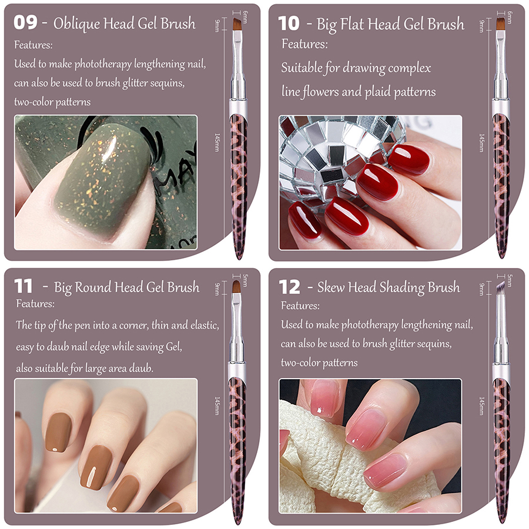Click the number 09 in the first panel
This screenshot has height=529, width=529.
pyautogui.click(x=25, y=22)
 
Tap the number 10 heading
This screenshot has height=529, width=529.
pyautogui.click(x=289, y=24)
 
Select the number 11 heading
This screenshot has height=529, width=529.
pyautogui.click(x=24, y=286)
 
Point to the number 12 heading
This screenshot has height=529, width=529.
pyautogui.click(x=289, y=287)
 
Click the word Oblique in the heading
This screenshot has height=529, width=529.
pyautogui.click(x=76, y=24)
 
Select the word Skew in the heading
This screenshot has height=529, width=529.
pyautogui.click(x=330, y=287)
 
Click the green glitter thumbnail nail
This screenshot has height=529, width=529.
pyautogui.click(x=101, y=182)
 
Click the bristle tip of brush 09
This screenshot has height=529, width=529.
pyautogui.click(x=237, y=25)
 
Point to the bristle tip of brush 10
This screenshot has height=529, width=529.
pyautogui.click(x=501, y=24)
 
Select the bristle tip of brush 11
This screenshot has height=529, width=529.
pyautogui.click(x=237, y=287)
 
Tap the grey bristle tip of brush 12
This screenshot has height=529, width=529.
pyautogui.click(x=501, y=287)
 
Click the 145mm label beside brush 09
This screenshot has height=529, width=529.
pyautogui.click(x=217, y=142)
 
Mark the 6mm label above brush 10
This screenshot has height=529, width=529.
pyautogui.click(x=510, y=17)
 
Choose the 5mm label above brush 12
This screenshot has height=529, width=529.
pyautogui.click(x=510, y=280)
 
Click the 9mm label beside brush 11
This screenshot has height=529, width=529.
pyautogui.click(x=217, y=289)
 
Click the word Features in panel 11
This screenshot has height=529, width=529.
pyautogui.click(x=35, y=304)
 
